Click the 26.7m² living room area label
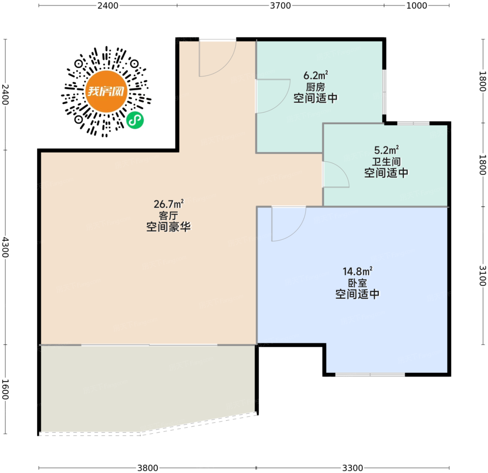pyautogui.click(x=168, y=204)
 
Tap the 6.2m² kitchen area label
pyautogui.click(x=316, y=75)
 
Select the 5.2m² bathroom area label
pyautogui.click(x=387, y=150)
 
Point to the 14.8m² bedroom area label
pyautogui.click(x=357, y=271)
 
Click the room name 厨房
pyautogui.click(x=315, y=87)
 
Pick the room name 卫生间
pyautogui.click(x=387, y=162)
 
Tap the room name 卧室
pyautogui.click(x=357, y=283)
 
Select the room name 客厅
pyautogui.click(x=168, y=216)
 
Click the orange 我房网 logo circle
pyautogui.click(x=106, y=92)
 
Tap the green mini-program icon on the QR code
pyautogui.click(x=135, y=120)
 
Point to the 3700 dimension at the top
pyautogui.click(x=280, y=6)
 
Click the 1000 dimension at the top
pyautogui.click(x=417, y=6)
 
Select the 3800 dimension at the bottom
pyautogui.click(x=148, y=468)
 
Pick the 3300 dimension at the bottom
pyautogui.click(x=353, y=468)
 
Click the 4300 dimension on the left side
pyautogui.click(x=5, y=247)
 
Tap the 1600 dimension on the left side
pyautogui.click(x=5, y=389)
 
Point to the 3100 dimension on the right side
pyautogui.click(x=483, y=276)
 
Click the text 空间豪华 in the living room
pyautogui.click(x=168, y=227)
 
